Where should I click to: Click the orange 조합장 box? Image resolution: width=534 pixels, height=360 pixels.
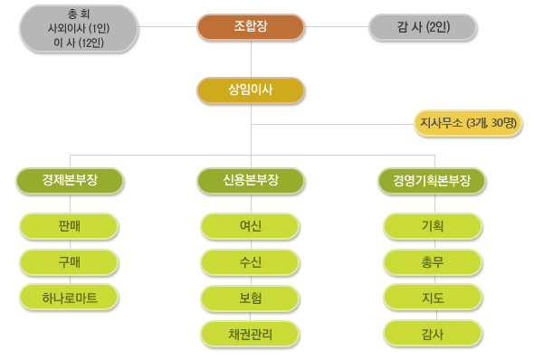click(250, 27)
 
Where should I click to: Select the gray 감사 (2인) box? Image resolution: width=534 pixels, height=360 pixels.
click(422, 27)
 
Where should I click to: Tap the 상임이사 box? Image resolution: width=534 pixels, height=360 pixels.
click(250, 90)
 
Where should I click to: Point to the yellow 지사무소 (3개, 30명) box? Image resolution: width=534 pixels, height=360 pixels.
click(467, 123)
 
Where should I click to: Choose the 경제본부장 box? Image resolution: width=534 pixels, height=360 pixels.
click(70, 180)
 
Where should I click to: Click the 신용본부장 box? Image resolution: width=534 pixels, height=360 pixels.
click(251, 180)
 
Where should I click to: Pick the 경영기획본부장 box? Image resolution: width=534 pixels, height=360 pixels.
click(432, 180)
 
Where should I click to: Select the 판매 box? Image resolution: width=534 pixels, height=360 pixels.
click(70, 226)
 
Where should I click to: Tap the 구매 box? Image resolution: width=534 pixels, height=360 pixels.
click(70, 262)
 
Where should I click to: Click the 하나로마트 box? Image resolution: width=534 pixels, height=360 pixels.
click(70, 297)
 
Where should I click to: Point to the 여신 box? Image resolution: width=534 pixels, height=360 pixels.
click(251, 226)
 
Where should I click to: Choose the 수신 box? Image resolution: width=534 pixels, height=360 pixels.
click(251, 262)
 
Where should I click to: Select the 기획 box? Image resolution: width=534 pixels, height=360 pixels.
click(432, 226)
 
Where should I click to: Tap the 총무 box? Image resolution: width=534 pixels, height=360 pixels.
click(432, 262)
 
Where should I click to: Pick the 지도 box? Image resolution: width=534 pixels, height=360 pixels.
click(432, 297)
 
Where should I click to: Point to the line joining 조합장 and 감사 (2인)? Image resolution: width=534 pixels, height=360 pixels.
click(335, 27)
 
